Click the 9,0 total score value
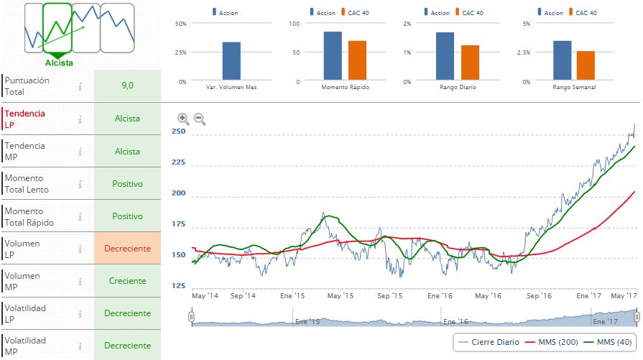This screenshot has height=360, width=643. pyautogui.click(x=127, y=86)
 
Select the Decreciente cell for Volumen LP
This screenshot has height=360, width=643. pyautogui.click(x=127, y=249)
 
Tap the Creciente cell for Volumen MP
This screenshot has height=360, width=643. pyautogui.click(x=127, y=281)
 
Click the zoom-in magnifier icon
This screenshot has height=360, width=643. pyautogui.click(x=183, y=119)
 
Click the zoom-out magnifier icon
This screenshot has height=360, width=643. pyautogui.click(x=200, y=119)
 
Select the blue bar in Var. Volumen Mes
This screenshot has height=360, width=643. pyautogui.click(x=231, y=60)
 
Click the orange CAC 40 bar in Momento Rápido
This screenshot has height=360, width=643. pyautogui.click(x=357, y=60)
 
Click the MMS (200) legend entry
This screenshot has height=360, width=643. pyautogui.click(x=552, y=343)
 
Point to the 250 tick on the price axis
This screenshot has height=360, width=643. pyautogui.click(x=179, y=131)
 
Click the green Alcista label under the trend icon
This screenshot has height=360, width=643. pyautogui.click(x=59, y=63)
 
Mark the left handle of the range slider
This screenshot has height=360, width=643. pyautogui.click(x=192, y=317)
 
